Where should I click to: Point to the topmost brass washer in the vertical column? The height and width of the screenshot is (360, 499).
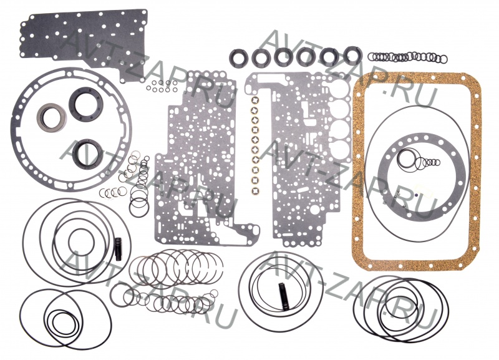(x=255, y=100)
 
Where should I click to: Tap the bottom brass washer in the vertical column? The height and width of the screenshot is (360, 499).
(x=255, y=192)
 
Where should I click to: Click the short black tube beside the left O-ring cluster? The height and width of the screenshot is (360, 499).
(x=119, y=249)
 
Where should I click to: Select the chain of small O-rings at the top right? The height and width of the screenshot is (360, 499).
(x=407, y=57)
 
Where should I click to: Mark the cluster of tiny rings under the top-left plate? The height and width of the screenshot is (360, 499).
(x=162, y=86)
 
